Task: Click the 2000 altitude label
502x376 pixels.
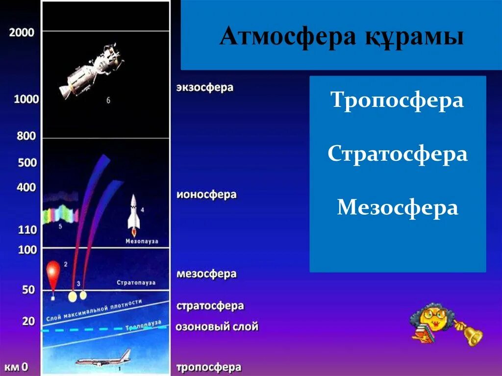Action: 22,33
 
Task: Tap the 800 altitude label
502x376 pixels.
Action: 26,136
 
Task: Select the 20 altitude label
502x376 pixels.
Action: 28,321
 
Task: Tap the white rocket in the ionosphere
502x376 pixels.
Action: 134,214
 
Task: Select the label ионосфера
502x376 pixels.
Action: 206,195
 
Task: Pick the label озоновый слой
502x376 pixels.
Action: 217,326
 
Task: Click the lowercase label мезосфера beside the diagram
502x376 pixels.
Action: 206,274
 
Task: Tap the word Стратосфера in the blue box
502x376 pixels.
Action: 397,154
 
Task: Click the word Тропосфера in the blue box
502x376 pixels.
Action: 397,100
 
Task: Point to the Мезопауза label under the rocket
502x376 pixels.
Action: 141,241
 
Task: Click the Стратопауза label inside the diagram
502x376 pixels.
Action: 136,283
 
